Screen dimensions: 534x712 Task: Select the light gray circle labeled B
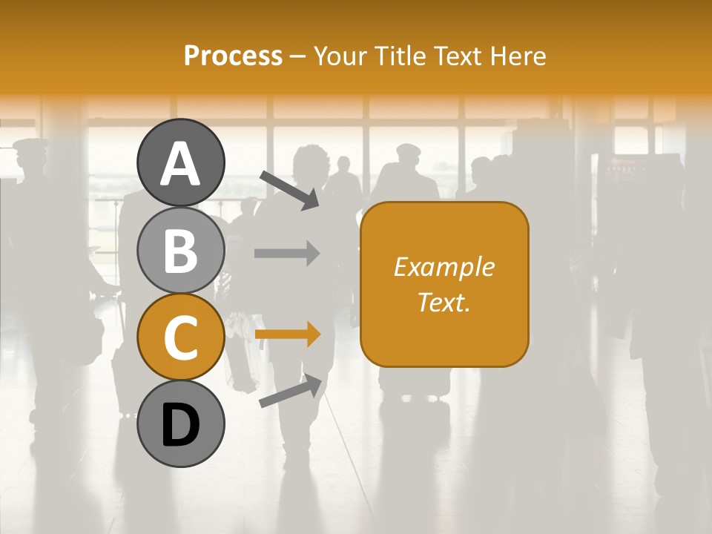click(x=181, y=251)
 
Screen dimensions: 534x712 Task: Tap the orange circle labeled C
click(x=181, y=337)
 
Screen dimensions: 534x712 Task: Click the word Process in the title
click(x=233, y=56)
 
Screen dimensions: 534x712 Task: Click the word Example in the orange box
click(x=444, y=267)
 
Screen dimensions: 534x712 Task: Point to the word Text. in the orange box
click(x=444, y=302)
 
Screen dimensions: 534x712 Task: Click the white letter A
click(x=181, y=164)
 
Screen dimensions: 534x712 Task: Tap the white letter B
click(x=181, y=251)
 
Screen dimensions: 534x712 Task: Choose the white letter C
click(x=181, y=337)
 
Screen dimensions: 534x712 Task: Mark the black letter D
click(x=181, y=425)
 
